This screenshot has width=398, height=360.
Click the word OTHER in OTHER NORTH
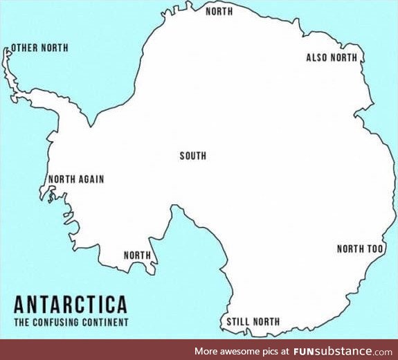click(25, 48)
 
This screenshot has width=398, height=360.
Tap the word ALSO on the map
click(317, 57)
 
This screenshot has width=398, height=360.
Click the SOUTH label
click(193, 156)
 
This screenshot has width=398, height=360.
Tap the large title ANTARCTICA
click(70, 305)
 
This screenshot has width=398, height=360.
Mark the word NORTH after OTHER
click(54, 48)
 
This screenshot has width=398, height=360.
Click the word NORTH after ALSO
click(344, 57)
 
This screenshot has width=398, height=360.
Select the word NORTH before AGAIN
click(61, 179)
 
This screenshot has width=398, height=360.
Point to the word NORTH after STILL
click(268, 321)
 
